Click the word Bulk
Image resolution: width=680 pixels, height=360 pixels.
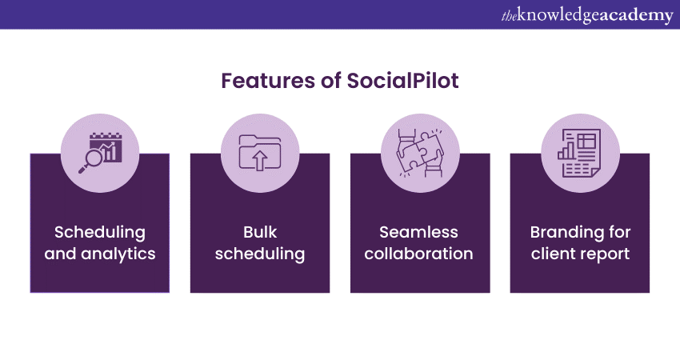(260, 232)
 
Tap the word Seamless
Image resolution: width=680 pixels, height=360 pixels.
(420, 232)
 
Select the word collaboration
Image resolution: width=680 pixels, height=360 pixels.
(420, 254)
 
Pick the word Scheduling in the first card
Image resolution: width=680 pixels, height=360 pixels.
(100, 232)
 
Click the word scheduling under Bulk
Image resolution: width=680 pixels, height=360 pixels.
(260, 254)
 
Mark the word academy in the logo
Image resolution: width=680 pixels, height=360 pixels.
(635, 14)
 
